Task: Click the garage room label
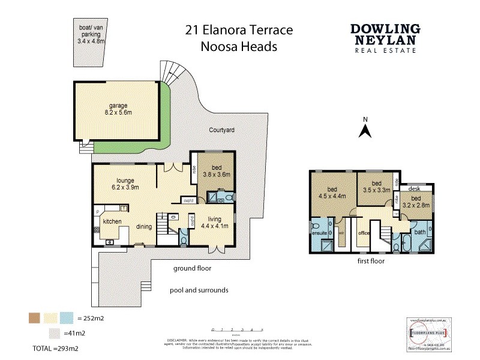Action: click(x=118, y=109)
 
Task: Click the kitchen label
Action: click(x=112, y=221)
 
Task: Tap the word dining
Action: click(x=143, y=227)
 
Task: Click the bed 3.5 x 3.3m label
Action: click(x=377, y=187)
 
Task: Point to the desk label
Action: click(x=413, y=188)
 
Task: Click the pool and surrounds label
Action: click(x=199, y=290)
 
